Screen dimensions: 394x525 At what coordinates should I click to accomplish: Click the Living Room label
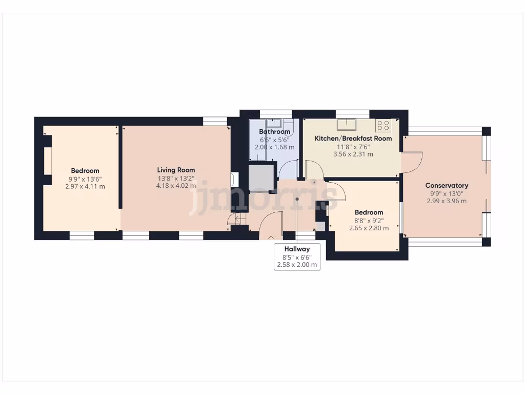click(x=176, y=170)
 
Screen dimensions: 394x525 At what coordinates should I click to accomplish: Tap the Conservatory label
click(x=447, y=185)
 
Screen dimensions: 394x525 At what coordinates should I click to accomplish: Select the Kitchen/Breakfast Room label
click(x=353, y=139)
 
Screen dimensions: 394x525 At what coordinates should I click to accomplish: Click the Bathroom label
click(x=274, y=132)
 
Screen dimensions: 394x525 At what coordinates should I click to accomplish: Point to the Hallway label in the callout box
click(x=297, y=249)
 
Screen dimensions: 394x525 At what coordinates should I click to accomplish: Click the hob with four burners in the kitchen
click(x=383, y=125)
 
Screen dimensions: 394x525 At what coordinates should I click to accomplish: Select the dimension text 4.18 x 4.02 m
click(x=176, y=186)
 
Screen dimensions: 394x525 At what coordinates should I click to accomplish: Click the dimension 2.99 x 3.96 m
click(x=447, y=201)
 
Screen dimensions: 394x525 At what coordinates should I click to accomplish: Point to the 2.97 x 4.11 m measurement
click(x=85, y=186)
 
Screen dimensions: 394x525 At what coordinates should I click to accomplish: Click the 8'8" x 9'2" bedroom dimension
click(x=369, y=221)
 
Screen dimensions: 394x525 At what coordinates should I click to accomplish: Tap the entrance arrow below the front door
click(x=271, y=238)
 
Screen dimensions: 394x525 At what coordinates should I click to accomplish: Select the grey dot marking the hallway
click(x=297, y=199)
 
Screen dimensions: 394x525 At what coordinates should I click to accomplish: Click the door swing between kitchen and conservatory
click(x=412, y=162)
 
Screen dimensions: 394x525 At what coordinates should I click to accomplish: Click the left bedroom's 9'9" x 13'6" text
click(x=85, y=179)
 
